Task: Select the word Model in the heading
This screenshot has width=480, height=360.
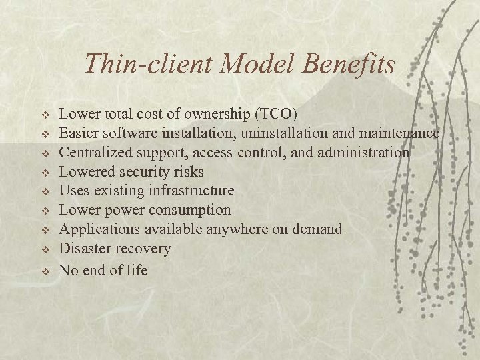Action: click(257, 64)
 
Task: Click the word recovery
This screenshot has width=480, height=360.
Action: click(143, 249)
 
